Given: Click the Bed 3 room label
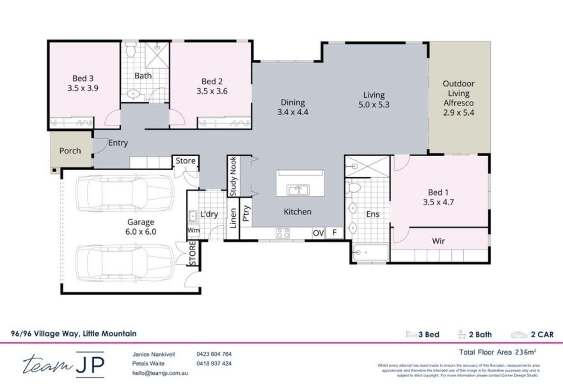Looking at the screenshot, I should (83, 78).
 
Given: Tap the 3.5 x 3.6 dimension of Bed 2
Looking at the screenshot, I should (212, 91).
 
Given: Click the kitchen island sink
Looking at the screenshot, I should (299, 190).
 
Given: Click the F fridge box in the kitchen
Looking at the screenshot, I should (335, 233).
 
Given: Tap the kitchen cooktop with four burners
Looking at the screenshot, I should (282, 233).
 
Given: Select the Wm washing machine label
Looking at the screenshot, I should (193, 230).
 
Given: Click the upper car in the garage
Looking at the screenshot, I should (124, 194).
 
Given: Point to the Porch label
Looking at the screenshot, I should (70, 151).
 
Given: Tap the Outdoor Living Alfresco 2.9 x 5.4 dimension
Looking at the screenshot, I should (459, 113).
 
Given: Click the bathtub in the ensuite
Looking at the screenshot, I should (370, 253).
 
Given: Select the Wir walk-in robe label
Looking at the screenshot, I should (438, 241).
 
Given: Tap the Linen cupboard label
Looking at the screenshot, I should (233, 218).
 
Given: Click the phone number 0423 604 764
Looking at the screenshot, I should (214, 354).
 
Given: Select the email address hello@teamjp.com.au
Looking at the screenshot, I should (160, 373).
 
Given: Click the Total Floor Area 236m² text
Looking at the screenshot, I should (497, 352).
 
